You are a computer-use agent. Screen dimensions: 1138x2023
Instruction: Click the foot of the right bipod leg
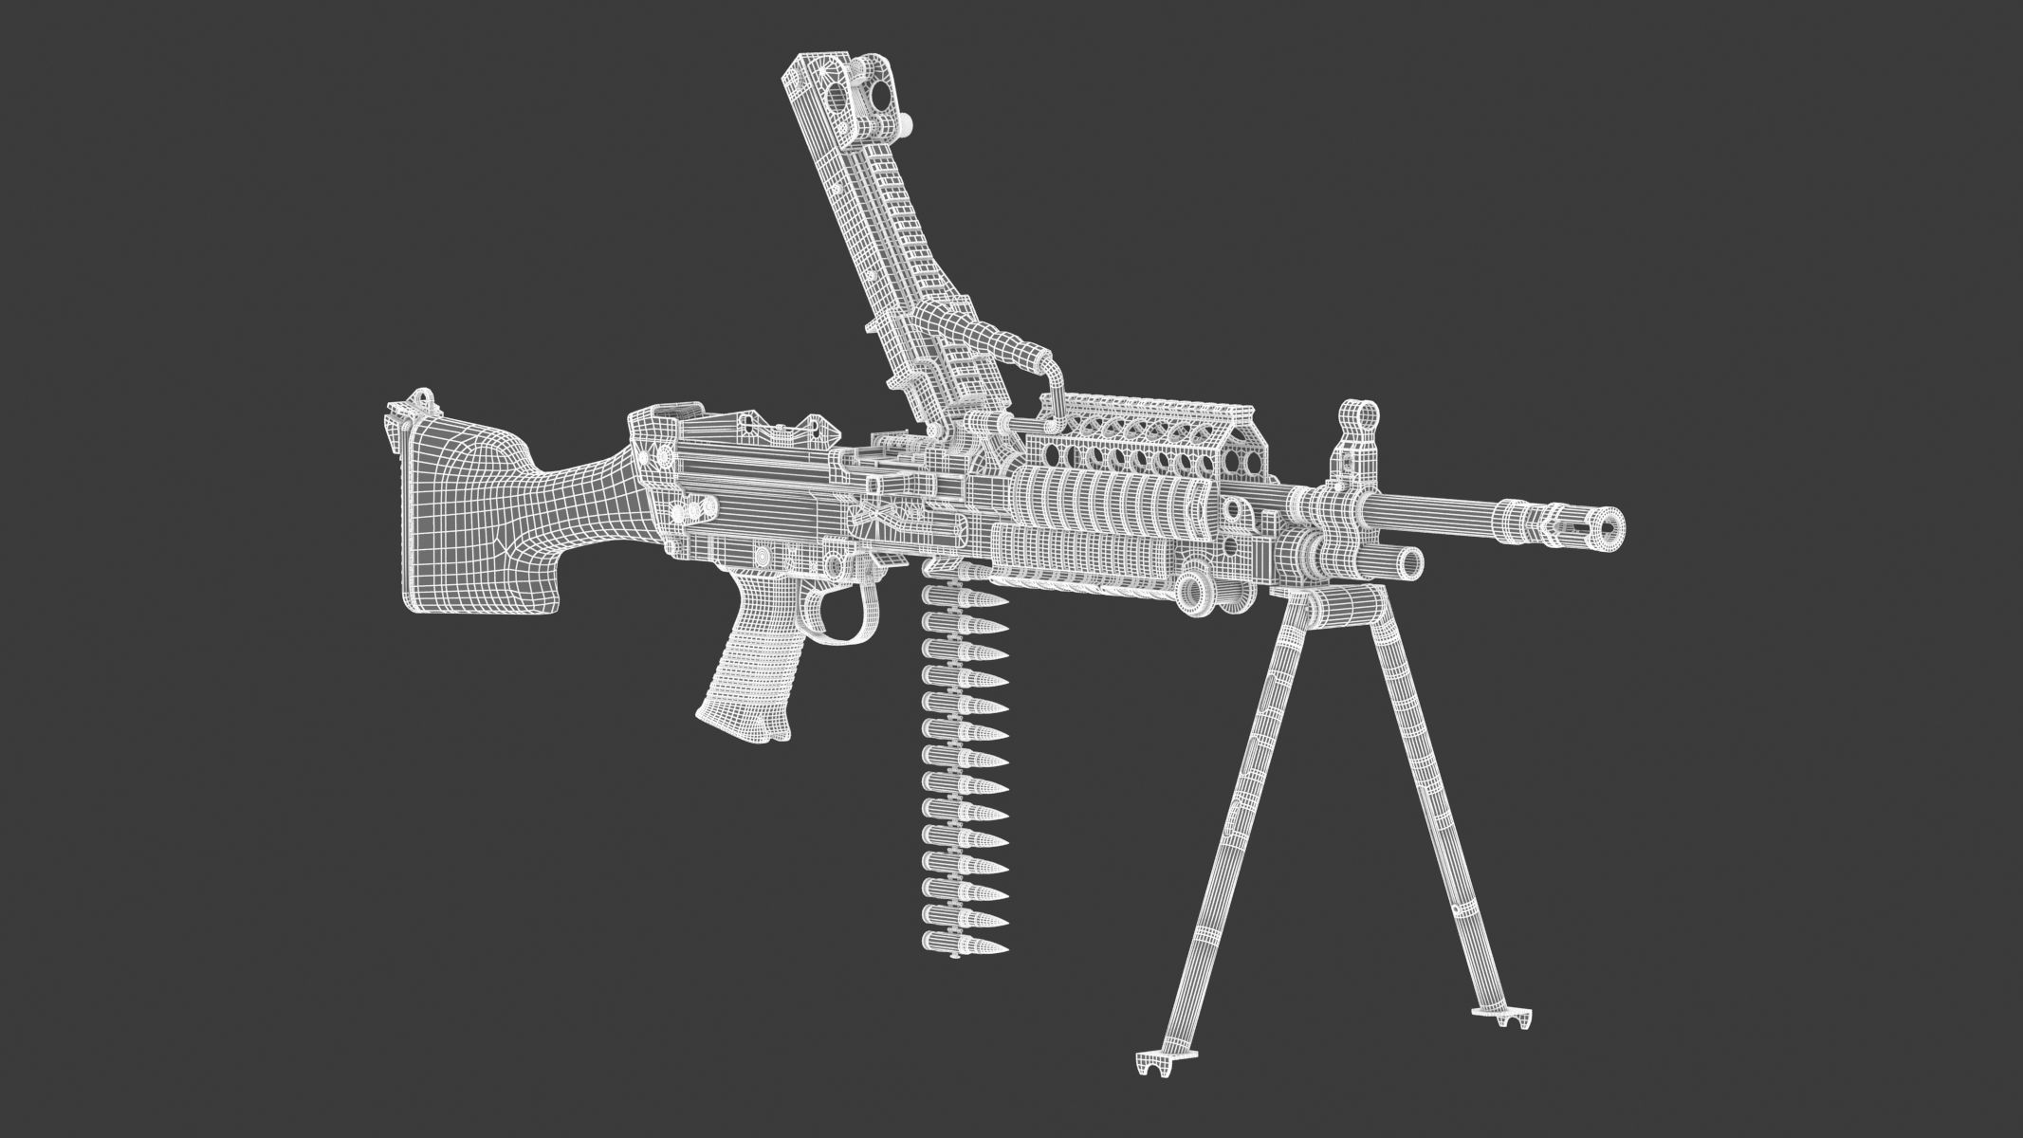[1502, 1016]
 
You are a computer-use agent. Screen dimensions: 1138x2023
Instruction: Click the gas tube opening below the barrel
[1409, 562]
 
